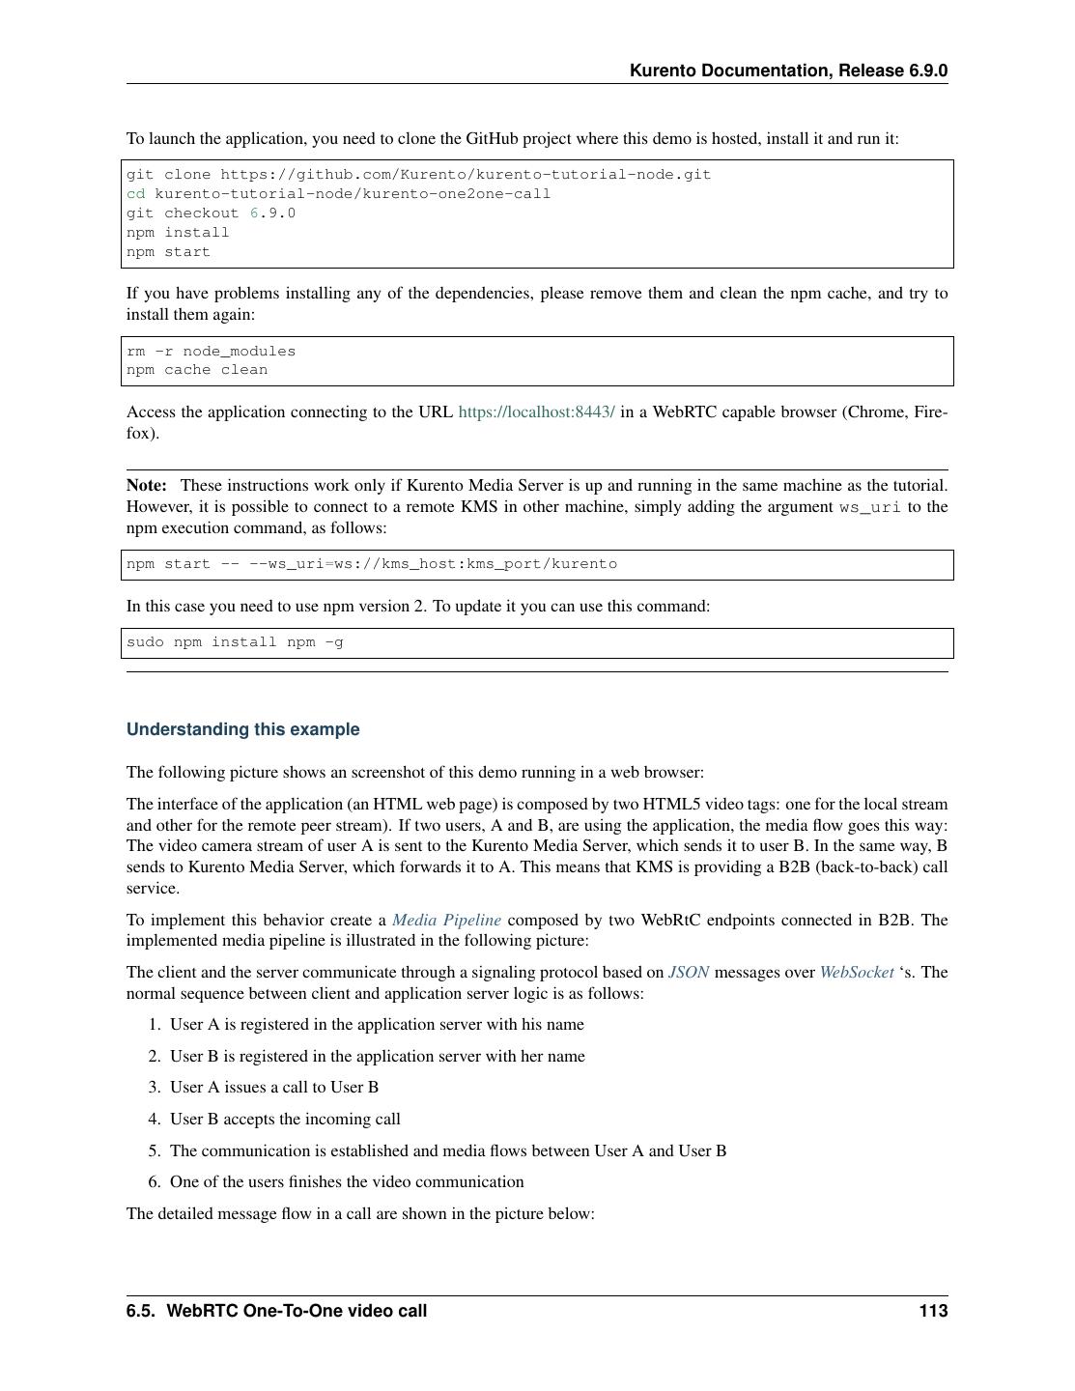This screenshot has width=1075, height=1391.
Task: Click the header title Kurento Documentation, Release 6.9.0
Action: click(788, 71)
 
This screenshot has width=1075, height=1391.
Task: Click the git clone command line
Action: click(418, 175)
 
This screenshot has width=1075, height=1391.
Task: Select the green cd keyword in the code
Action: click(136, 194)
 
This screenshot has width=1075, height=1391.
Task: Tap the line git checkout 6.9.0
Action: click(211, 213)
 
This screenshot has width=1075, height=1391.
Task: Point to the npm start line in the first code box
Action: click(168, 252)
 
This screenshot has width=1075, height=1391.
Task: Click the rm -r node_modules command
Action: click(211, 352)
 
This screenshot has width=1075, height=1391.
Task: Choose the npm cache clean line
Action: click(197, 370)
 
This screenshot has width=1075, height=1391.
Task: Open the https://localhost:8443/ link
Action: click(536, 412)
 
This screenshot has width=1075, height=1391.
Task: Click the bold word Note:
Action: click(147, 486)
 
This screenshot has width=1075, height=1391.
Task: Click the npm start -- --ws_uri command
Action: click(371, 564)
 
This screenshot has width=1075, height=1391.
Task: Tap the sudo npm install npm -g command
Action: click(235, 642)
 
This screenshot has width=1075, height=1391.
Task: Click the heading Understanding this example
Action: click(242, 730)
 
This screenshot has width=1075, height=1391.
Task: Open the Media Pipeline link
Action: click(446, 921)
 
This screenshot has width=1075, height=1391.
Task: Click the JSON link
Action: click(689, 973)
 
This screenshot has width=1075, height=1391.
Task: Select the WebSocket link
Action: click(857, 973)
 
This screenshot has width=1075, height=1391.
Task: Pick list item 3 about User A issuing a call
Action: click(274, 1088)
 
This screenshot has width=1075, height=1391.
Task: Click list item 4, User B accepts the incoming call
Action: click(285, 1120)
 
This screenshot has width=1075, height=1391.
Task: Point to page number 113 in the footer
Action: click(933, 1311)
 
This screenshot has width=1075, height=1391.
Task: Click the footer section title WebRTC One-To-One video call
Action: click(296, 1311)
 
